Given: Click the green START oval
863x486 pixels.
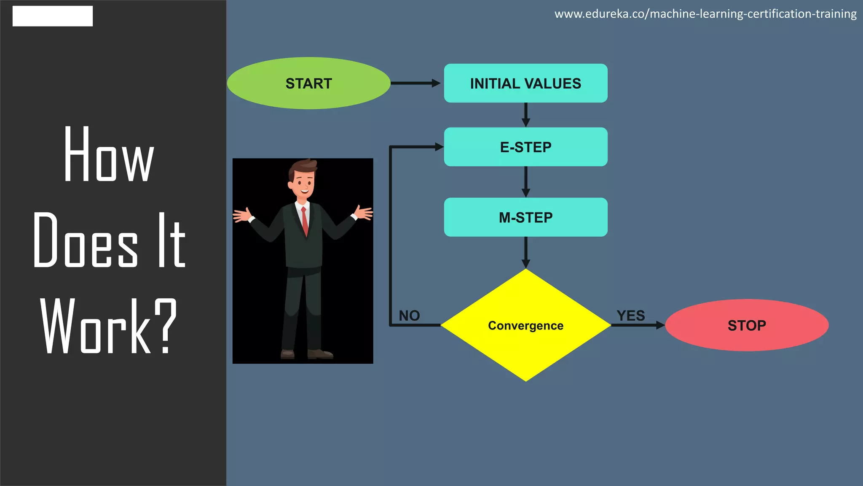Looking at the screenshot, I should pyautogui.click(x=308, y=83).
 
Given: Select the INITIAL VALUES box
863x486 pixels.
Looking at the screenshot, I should pyautogui.click(x=525, y=83).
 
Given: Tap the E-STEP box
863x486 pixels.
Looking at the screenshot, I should pyautogui.click(x=525, y=147).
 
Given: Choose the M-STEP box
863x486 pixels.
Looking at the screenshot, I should pyautogui.click(x=525, y=217).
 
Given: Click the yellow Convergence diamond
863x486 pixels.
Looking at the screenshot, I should pyautogui.click(x=525, y=325).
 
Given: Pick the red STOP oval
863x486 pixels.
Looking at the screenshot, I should pyautogui.click(x=747, y=325).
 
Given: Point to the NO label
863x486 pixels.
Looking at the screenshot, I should pyautogui.click(x=409, y=316).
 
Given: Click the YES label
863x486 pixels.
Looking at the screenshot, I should pyautogui.click(x=630, y=316).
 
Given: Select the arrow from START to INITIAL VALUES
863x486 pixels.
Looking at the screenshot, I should pyautogui.click(x=415, y=83).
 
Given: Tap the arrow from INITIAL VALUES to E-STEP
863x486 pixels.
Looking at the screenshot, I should pyautogui.click(x=525, y=115).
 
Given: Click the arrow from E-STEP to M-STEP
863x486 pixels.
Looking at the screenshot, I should pyautogui.click(x=525, y=182).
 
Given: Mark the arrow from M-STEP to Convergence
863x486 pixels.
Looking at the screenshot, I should pyautogui.click(x=525, y=252).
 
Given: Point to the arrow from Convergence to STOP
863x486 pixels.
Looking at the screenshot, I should pyautogui.click(x=638, y=325).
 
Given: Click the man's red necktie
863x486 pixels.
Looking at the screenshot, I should pyautogui.click(x=304, y=221).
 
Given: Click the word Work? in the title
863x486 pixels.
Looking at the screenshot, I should pyautogui.click(x=109, y=326).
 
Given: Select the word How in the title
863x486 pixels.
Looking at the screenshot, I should pyautogui.click(x=109, y=155).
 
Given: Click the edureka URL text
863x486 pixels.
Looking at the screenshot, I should pyautogui.click(x=705, y=14).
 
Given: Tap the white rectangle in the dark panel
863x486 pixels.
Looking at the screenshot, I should pyautogui.click(x=53, y=16).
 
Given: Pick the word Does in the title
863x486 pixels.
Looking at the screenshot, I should pyautogui.click(x=86, y=240).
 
